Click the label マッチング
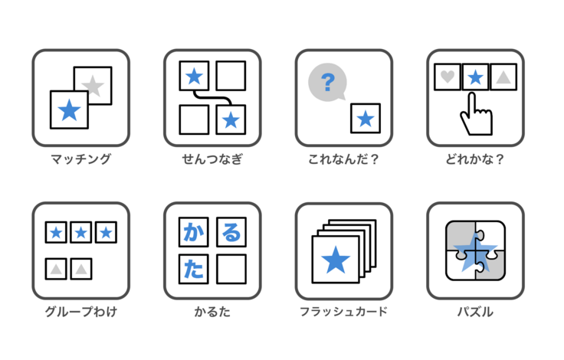coord(81,159)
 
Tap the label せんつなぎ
coord(212,159)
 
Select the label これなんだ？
coord(343,159)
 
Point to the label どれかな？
coord(475,159)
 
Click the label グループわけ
coord(81,312)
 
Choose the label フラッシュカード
coord(343,312)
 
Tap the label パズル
coord(475,312)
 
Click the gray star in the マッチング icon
coord(93,86)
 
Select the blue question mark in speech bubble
coord(328,82)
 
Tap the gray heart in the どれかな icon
coord(448,77)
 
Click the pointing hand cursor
coord(476,114)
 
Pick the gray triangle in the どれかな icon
coord(503,77)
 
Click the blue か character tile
coord(194,232)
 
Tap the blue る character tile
coord(231,232)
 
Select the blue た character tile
coord(194,269)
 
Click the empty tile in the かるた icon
coord(231,269)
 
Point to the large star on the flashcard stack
coord(336,260)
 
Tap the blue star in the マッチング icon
coord(69,110)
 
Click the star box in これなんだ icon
coord(366,118)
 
